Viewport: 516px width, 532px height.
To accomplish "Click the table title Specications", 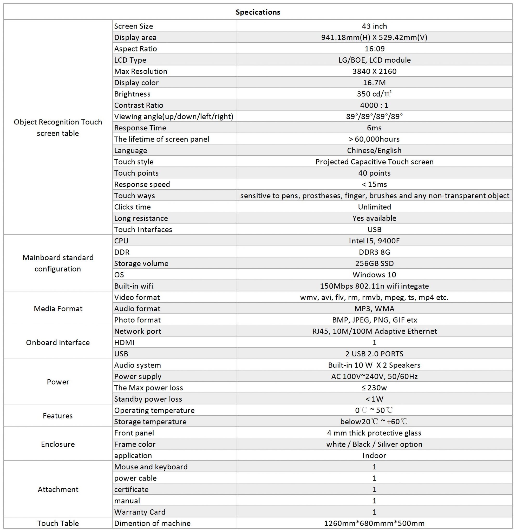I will tap(258, 12).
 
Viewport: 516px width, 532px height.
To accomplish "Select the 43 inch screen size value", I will tap(374, 26).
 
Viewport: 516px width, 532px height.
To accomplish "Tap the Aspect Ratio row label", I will tap(135, 49).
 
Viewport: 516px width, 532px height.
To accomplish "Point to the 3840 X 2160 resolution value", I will tap(374, 71).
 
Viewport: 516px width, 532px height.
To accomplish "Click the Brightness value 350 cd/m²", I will tap(374, 94).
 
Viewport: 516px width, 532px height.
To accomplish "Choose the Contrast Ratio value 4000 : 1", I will tap(374, 105).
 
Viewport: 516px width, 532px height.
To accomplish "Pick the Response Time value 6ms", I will tap(374, 128).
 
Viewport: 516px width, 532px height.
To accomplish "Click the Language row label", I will tap(131, 150).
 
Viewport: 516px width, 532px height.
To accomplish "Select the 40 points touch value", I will tap(374, 173).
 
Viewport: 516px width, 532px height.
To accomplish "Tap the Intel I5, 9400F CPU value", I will tap(374, 241).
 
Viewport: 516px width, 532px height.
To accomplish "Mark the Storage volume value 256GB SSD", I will tap(374, 263).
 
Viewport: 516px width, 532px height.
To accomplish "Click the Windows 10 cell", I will tap(374, 275).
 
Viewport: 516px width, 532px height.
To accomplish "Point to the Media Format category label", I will tap(58, 309).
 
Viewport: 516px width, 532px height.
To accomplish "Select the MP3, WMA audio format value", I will tap(374, 309).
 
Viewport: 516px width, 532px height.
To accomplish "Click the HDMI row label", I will tap(124, 343).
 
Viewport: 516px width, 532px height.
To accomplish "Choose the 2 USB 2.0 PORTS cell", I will tap(374, 354).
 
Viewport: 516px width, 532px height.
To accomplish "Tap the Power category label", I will tap(58, 382).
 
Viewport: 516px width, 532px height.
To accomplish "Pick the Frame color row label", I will tap(135, 444).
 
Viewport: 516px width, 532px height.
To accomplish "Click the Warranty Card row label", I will tap(140, 512).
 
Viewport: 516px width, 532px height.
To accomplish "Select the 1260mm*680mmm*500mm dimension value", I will tap(374, 523).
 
